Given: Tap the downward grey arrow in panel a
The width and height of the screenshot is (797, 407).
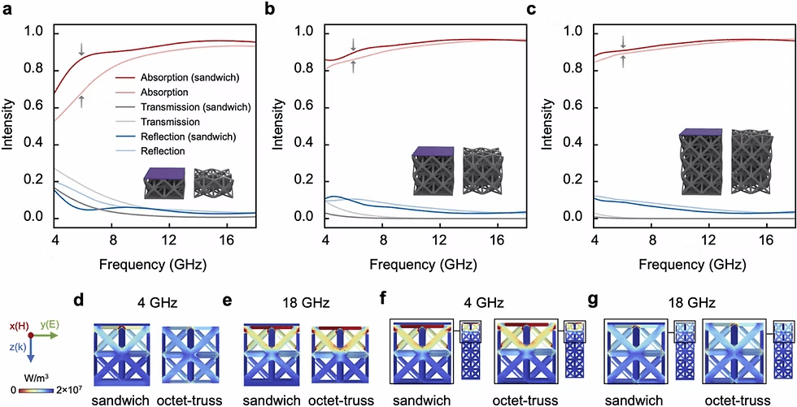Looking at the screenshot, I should click(81, 50).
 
